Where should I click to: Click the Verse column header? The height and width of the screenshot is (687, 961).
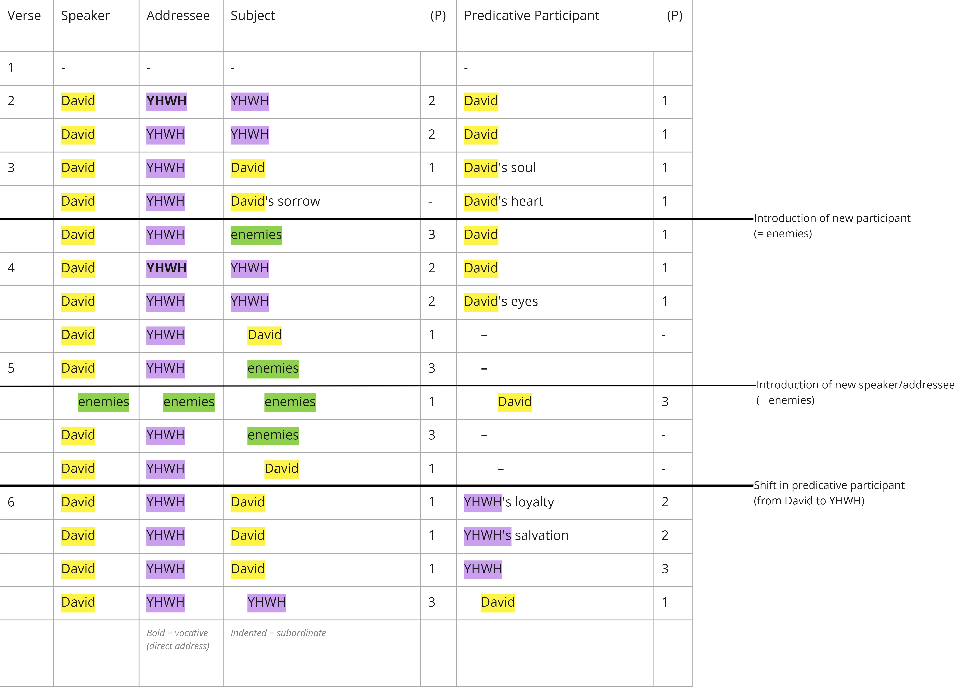(24, 16)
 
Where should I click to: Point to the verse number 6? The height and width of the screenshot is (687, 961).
(11, 502)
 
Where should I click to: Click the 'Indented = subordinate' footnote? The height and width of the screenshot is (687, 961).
(278, 633)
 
